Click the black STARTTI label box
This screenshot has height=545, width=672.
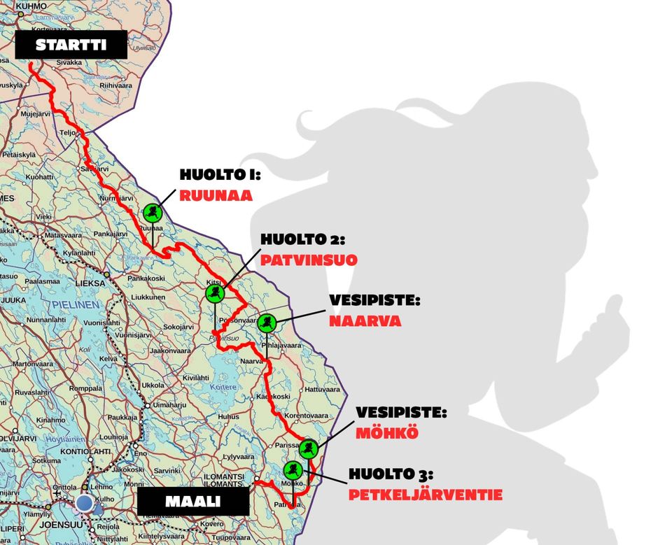(71, 45)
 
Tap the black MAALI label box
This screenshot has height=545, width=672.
(193, 502)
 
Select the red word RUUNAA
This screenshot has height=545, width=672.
(216, 195)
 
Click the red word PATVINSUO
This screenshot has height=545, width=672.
(309, 260)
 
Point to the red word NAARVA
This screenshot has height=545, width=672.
(365, 321)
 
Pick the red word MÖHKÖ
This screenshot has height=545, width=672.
(387, 432)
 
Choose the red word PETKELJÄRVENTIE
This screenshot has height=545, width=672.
(426, 495)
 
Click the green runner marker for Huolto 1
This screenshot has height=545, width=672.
(152, 212)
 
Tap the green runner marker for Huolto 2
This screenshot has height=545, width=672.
(214, 293)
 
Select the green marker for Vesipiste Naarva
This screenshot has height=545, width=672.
(267, 323)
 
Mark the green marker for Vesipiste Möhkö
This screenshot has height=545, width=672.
(309, 448)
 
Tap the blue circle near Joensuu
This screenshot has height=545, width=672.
(85, 502)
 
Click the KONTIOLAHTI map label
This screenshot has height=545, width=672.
(87, 451)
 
